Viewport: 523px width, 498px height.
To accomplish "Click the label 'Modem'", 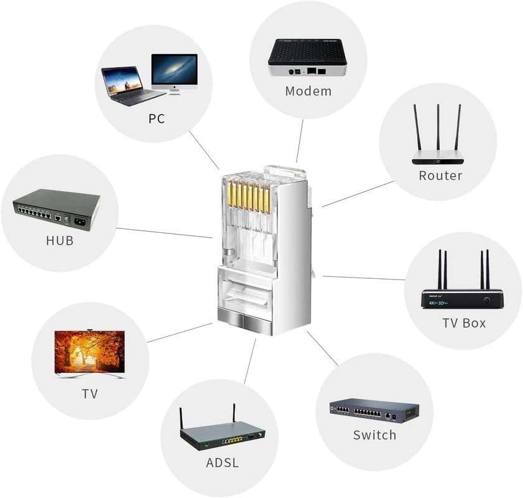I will [x=308, y=92].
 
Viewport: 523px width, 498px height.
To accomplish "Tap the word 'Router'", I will [x=440, y=176].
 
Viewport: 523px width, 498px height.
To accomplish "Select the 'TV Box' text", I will [x=464, y=323].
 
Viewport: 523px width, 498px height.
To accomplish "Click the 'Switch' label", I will [x=374, y=435].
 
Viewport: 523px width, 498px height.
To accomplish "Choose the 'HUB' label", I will [x=60, y=240].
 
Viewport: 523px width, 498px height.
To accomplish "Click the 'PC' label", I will [x=157, y=118].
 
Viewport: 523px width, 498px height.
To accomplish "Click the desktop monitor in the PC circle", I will [x=174, y=72].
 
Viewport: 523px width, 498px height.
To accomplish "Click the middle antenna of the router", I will [x=438, y=128].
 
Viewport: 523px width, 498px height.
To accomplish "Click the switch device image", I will [x=374, y=411].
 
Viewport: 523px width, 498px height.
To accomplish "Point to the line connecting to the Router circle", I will [x=358, y=194].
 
